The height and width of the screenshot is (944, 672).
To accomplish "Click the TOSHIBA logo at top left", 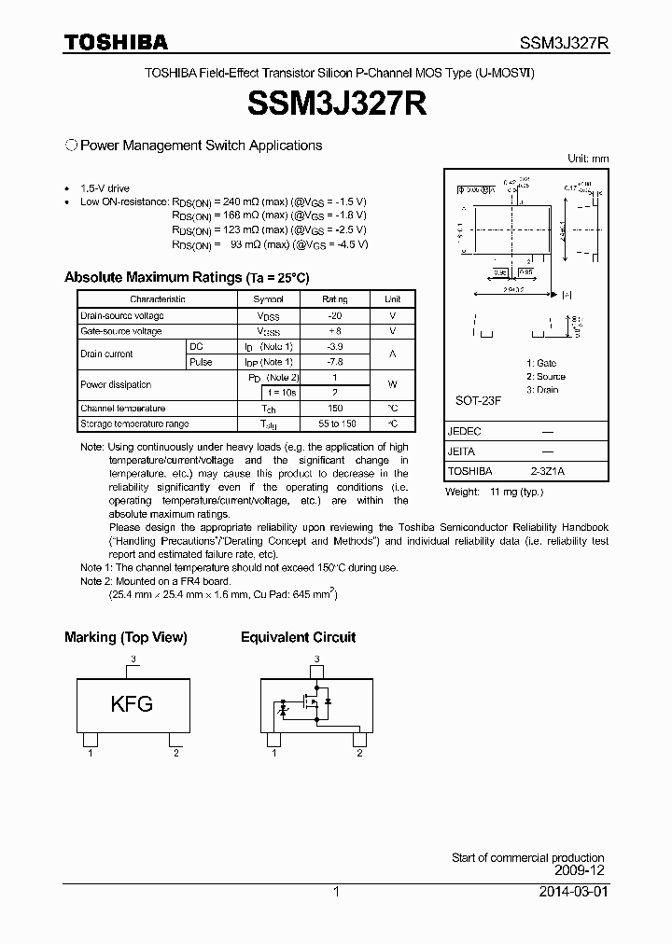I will click(x=116, y=42).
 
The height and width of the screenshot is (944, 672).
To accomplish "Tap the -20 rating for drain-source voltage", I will click(x=334, y=316).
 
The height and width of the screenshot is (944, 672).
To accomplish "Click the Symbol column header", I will click(x=268, y=299).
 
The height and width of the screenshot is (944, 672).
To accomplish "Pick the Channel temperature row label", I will click(x=122, y=409).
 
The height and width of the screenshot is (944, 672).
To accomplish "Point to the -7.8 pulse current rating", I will click(x=334, y=362).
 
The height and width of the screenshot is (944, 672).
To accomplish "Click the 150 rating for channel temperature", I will click(x=334, y=409).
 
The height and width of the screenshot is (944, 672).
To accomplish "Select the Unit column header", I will click(x=392, y=299).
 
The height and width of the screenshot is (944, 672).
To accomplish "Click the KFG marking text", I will click(x=132, y=704).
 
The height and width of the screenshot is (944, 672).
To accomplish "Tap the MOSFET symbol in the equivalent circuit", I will click(x=313, y=701).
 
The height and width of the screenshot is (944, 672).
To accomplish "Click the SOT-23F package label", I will click(x=478, y=400).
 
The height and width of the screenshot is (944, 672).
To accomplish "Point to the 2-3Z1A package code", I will click(x=546, y=471).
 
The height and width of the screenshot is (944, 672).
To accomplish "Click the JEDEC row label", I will click(x=464, y=432).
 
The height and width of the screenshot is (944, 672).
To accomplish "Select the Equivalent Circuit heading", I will click(x=298, y=637).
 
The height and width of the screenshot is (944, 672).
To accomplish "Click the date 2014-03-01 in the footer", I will click(x=571, y=892).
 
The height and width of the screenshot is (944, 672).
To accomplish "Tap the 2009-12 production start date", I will click(x=581, y=870).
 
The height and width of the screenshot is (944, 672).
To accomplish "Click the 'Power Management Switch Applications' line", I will click(x=201, y=146).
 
